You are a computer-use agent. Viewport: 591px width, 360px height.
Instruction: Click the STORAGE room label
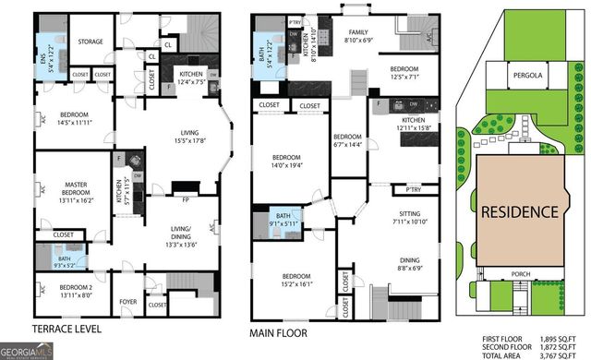[90, 42]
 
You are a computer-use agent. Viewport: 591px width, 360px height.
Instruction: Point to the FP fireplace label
[186, 198]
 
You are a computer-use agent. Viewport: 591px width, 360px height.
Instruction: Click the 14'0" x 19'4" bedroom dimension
[287, 165]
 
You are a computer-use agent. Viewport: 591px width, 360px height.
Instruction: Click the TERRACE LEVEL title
[66, 330]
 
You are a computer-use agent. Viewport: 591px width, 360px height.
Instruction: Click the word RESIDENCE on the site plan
[519, 211]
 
